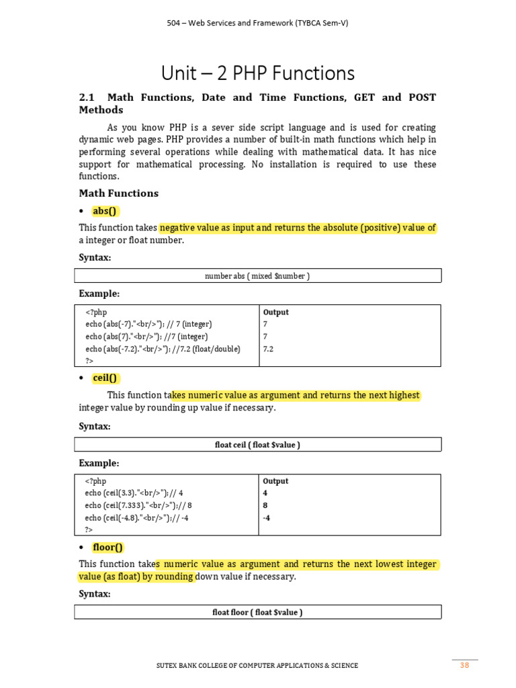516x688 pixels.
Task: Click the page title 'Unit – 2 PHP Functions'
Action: (x=257, y=73)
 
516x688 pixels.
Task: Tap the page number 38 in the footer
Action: (x=464, y=665)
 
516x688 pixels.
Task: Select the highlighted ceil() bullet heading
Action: (x=105, y=378)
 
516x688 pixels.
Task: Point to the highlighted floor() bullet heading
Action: (x=108, y=547)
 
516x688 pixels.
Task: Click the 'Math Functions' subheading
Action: (x=119, y=193)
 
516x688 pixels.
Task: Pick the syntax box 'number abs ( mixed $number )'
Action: (x=257, y=276)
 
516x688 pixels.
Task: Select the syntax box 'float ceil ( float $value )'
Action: (x=257, y=445)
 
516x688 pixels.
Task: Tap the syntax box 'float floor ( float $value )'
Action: (x=257, y=612)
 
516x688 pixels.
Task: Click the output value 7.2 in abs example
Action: (x=269, y=349)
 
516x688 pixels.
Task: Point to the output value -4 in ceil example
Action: (x=267, y=517)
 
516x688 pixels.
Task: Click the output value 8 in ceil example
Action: (x=265, y=505)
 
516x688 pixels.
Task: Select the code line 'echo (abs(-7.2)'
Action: (x=163, y=349)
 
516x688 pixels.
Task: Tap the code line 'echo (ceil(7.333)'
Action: (x=138, y=505)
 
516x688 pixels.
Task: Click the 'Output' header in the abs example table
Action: (x=276, y=312)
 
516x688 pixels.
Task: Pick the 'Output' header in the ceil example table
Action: (x=276, y=481)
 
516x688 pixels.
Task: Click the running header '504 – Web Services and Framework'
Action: (x=257, y=23)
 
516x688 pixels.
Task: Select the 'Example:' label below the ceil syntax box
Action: (x=99, y=464)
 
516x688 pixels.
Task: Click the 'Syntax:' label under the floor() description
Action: (x=95, y=595)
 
